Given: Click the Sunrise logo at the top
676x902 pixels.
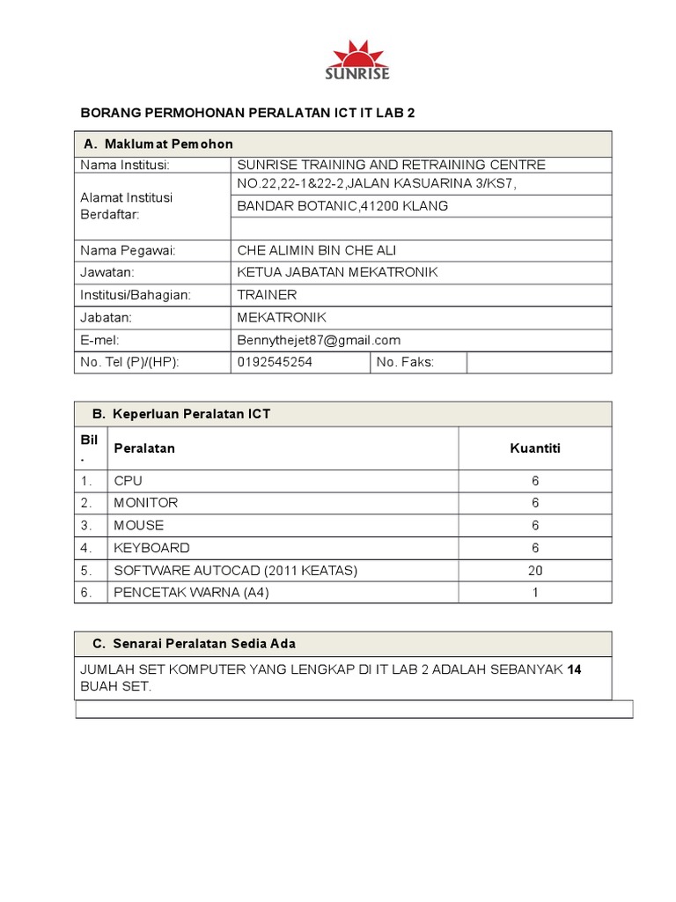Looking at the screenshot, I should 357,60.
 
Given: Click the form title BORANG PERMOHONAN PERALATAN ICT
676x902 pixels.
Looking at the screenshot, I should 247,114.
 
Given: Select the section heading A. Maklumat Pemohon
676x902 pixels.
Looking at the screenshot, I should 158,144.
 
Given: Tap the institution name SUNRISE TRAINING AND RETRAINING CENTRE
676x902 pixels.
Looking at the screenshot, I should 391,165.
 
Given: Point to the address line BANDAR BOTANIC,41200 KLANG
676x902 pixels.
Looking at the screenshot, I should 342,206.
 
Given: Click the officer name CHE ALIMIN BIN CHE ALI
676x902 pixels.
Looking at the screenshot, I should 323,250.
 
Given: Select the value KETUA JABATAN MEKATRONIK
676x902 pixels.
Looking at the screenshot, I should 337,272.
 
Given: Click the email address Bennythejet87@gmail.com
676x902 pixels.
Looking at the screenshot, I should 319,340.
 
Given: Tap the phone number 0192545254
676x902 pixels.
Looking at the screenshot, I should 275,362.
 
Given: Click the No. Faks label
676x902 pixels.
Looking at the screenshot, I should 405,362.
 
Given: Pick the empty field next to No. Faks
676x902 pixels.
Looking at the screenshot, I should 538,362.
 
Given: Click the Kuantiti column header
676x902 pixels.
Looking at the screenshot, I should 534,448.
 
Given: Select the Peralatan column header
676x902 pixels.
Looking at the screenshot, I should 144,448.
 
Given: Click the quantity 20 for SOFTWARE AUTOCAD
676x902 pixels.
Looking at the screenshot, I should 534,570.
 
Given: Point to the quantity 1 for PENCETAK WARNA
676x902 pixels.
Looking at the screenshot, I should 534,593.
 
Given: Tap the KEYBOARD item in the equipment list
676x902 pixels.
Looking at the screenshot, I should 151,548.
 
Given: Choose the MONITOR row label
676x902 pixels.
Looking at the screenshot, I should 145,503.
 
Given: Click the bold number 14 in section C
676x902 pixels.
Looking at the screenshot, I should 574,669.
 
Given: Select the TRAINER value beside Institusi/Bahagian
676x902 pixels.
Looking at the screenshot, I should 267,295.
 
